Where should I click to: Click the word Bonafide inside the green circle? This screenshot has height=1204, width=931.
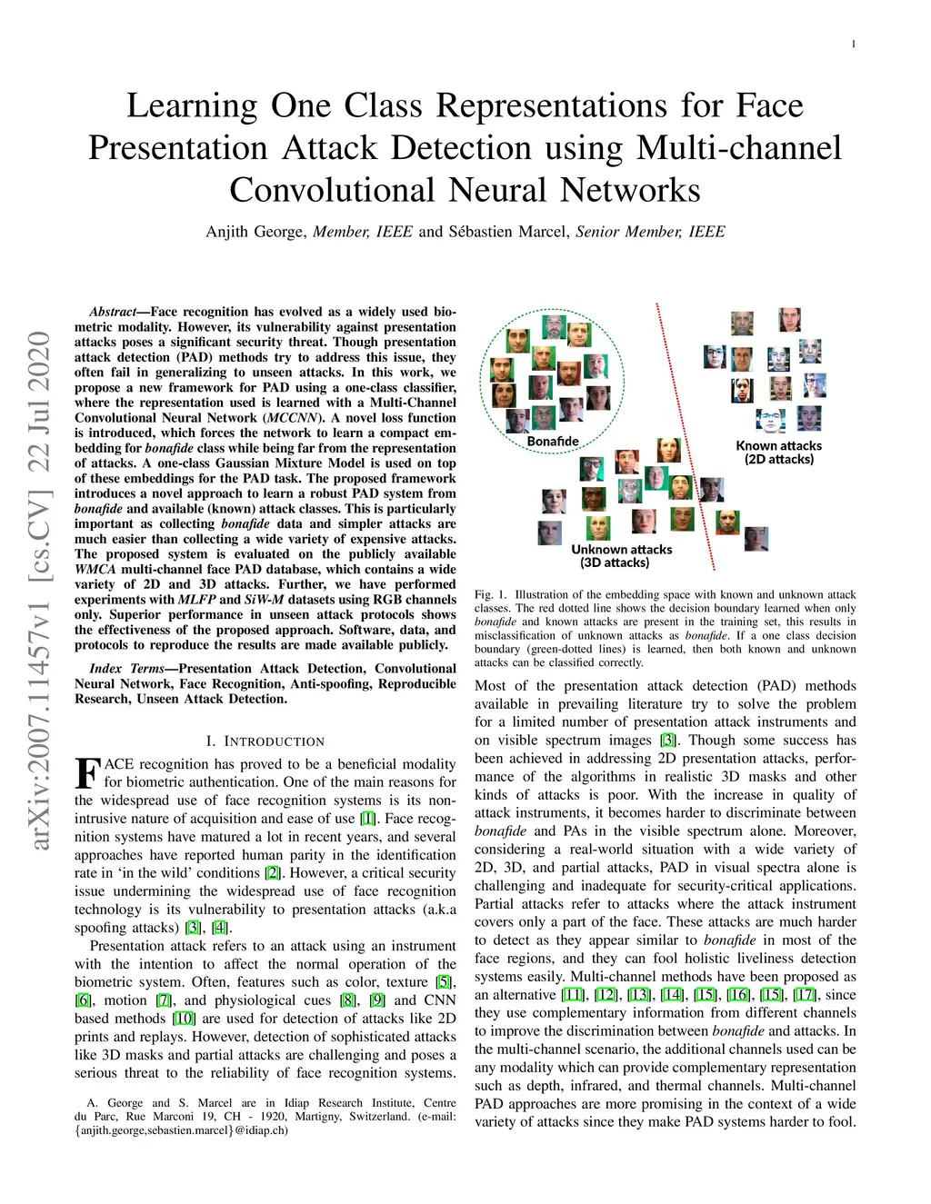(553, 442)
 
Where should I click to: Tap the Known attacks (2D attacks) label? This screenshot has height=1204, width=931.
(778, 453)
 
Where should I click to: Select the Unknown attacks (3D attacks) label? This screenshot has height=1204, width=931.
(621, 556)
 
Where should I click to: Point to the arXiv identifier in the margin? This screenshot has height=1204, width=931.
(39, 591)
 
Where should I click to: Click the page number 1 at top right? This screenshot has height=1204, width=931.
(853, 45)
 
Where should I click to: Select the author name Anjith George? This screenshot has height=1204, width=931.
(255, 232)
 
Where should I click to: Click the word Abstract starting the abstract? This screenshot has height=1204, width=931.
(112, 312)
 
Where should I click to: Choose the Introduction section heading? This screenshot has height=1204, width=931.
(265, 741)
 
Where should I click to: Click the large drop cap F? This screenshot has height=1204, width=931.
(86, 774)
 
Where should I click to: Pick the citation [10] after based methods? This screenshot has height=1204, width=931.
(184, 1019)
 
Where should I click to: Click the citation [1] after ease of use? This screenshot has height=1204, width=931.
(368, 819)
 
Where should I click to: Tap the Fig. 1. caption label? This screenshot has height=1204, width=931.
(490, 595)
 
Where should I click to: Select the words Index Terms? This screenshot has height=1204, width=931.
(126, 669)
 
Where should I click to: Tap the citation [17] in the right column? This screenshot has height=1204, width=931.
(805, 995)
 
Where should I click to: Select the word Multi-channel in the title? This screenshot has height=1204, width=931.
(739, 148)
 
